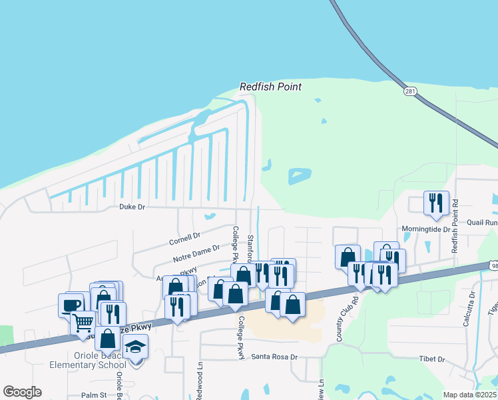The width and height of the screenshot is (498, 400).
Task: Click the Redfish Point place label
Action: [270, 87]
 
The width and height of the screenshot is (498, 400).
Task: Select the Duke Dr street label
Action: [132, 207]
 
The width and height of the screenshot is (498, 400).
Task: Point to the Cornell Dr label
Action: [184, 237]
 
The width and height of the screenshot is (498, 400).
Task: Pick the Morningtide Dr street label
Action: [426, 229]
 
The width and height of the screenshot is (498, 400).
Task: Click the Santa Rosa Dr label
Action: [274, 357]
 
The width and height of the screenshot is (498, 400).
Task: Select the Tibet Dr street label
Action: [432, 359]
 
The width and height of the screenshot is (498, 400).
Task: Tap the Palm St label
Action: [94, 395]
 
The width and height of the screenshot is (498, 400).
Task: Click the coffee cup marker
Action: [71, 305]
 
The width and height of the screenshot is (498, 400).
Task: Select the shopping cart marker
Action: [83, 323]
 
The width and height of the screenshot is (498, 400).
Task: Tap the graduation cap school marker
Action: [136, 347]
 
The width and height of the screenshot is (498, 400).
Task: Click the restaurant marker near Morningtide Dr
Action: [436, 202]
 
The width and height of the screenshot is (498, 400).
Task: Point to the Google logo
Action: [22, 392]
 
